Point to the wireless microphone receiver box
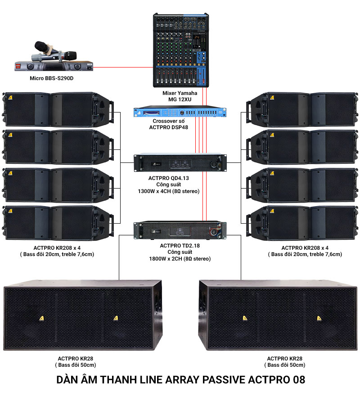[54, 66]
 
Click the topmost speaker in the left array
[58, 108]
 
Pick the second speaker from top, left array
[58, 147]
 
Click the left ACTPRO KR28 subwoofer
[82, 315]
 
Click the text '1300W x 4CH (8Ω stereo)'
[168, 191]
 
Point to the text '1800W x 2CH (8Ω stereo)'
[180, 259]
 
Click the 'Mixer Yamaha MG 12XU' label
[180, 96]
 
